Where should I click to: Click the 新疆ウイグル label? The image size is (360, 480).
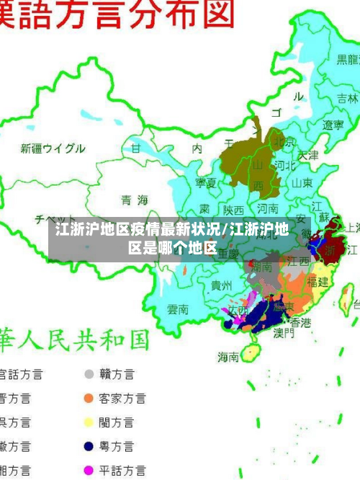(x=53, y=148)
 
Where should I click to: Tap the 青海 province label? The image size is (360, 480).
(x=134, y=200)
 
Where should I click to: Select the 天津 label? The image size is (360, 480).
(x=307, y=155)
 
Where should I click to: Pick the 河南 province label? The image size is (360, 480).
(x=268, y=208)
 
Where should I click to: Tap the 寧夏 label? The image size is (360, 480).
(x=206, y=183)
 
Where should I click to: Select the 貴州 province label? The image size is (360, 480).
(x=221, y=285)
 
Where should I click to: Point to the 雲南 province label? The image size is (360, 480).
(x=178, y=309)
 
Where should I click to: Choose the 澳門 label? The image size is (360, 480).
(x=284, y=333)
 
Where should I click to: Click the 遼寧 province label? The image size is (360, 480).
(x=333, y=125)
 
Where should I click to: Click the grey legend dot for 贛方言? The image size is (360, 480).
(x=89, y=374)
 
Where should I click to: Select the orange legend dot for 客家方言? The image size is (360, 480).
(x=89, y=398)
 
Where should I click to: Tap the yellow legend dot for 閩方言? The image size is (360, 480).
(x=89, y=422)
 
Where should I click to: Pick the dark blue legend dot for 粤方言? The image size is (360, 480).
(x=89, y=446)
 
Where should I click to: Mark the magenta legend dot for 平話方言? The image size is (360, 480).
(x=89, y=470)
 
